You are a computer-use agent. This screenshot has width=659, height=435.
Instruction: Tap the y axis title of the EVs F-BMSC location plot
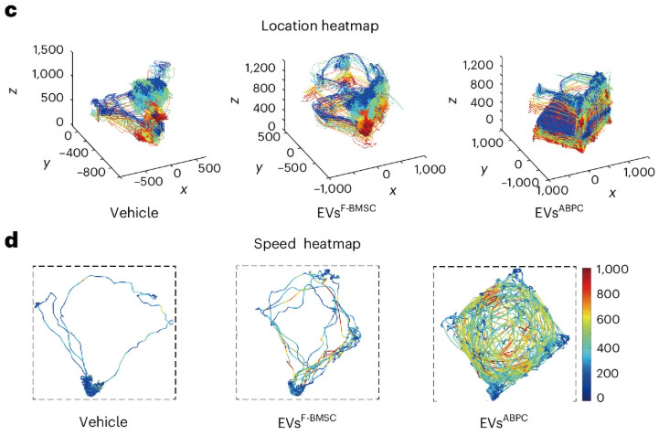pos(260,168)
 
